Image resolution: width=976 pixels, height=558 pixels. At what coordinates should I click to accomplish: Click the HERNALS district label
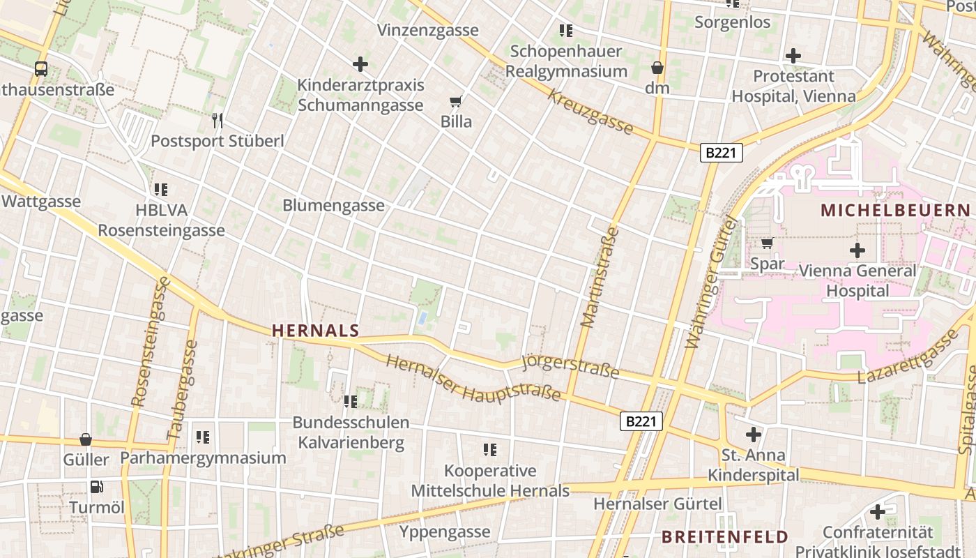pos(316,331)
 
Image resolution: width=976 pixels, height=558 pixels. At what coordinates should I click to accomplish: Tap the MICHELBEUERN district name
pos(895,210)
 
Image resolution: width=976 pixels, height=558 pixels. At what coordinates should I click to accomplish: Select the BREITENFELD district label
pos(725,536)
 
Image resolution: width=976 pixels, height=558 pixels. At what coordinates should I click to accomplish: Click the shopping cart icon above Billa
pos(456,103)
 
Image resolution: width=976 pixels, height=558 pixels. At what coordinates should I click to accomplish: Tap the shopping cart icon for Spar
pos(767,243)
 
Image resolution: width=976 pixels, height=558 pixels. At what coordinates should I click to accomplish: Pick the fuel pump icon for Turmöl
pos(97,487)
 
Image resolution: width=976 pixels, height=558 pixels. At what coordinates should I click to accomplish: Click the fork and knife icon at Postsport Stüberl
pos(218,121)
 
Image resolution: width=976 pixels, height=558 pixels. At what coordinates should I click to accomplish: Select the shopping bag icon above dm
pos(657,68)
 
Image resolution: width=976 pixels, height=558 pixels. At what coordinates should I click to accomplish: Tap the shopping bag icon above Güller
pos(86,439)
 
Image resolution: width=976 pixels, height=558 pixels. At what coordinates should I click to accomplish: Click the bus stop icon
pos(41,69)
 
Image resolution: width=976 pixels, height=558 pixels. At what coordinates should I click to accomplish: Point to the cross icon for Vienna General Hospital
pos(857,250)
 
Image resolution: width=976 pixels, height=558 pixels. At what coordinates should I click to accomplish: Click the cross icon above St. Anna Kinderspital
pos(753,435)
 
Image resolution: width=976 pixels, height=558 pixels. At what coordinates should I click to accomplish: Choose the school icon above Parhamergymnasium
pos(203,437)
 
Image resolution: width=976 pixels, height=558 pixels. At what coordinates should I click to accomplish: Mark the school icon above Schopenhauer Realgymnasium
pos(566,31)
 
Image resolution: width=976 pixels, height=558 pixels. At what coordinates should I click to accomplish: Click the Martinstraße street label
pos(599,277)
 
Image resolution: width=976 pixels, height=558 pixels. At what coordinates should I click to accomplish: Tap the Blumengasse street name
pos(333,205)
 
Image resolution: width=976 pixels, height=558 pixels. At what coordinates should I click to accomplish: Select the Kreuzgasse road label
pos(590,112)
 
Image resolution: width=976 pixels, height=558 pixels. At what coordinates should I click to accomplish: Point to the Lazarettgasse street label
pos(908,358)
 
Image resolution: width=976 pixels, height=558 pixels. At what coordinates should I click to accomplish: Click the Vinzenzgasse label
pos(428,30)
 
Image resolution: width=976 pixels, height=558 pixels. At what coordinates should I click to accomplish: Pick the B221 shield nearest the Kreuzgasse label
pos(721,153)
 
